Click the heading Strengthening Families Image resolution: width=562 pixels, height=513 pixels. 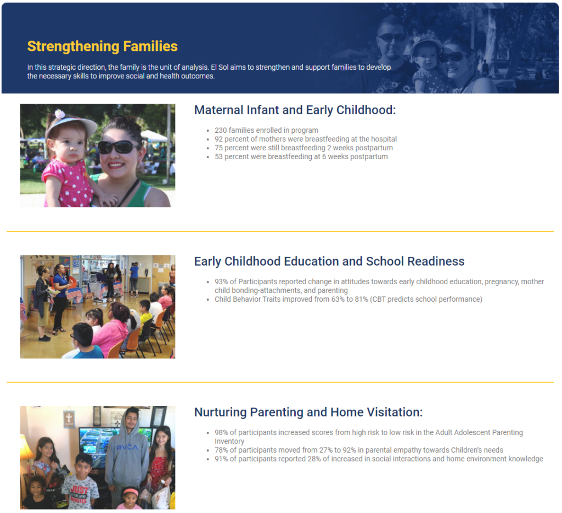[x=102, y=46]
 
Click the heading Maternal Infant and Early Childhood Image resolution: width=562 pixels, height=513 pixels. [x=295, y=110]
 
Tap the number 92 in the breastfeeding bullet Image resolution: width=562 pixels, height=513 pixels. [x=219, y=139]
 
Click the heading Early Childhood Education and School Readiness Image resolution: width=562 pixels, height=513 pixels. [x=329, y=261]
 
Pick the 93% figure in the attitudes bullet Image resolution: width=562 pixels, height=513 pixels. [x=222, y=281]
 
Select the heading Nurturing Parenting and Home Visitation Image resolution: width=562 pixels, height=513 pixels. [x=308, y=412]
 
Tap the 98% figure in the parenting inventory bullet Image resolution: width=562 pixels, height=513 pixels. [x=222, y=432]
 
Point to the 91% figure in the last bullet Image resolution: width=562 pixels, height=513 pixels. [x=221, y=459]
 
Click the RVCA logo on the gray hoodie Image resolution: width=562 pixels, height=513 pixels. [x=127, y=447]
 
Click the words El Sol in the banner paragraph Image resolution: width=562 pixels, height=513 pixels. [x=221, y=67]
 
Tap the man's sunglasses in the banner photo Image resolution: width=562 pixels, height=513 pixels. [x=391, y=37]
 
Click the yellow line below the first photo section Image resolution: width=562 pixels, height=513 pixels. [x=280, y=232]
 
